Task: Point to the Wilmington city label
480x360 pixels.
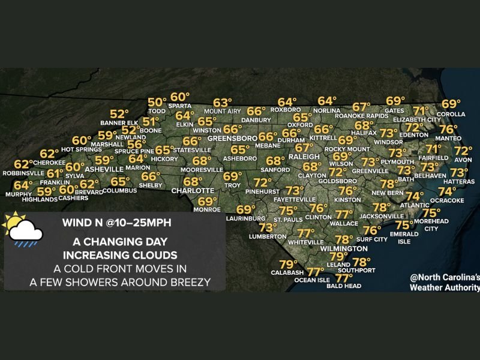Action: click(344, 248)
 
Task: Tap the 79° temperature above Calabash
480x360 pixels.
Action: click(288, 265)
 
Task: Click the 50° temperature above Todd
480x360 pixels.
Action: click(157, 103)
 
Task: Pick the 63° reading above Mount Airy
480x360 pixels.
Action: click(223, 103)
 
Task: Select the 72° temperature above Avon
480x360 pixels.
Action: click(463, 151)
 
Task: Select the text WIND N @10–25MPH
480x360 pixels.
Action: click(116, 223)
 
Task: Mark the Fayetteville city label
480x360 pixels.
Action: click(295, 199)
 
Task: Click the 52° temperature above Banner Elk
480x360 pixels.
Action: click(119, 114)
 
